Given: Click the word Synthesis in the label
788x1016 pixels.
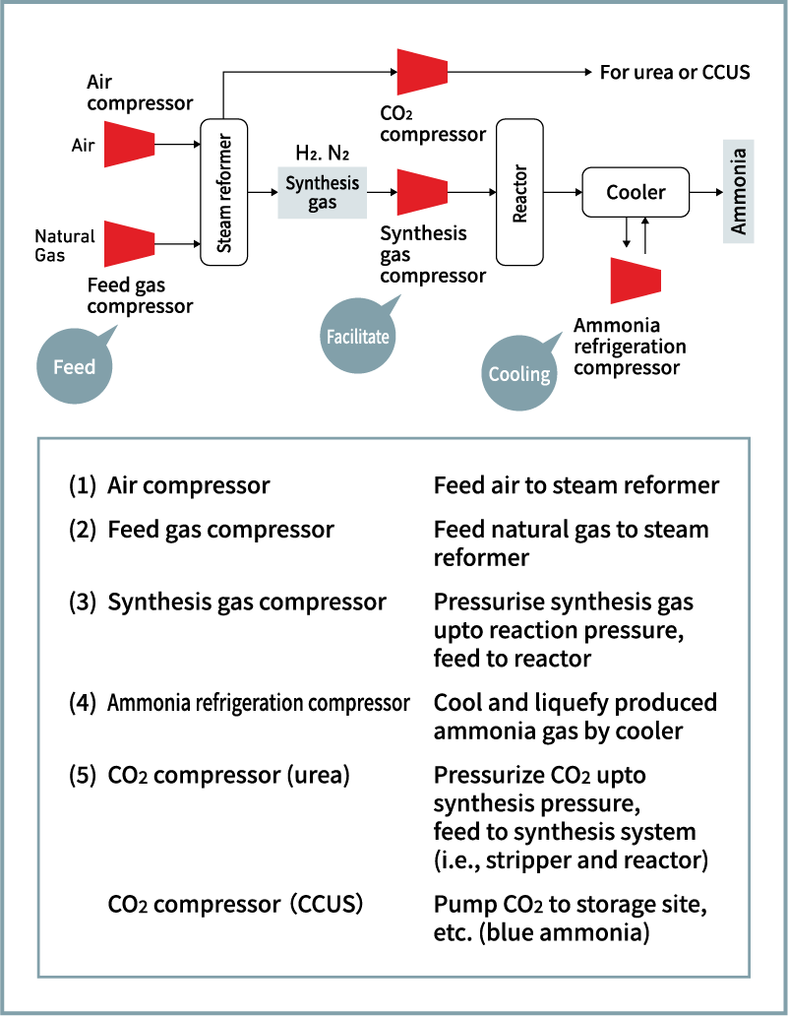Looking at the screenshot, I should tap(322, 183).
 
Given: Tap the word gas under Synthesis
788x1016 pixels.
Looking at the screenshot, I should tap(322, 203).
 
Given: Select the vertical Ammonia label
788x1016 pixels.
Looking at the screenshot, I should tap(739, 191).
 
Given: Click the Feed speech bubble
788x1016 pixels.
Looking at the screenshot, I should tap(75, 366).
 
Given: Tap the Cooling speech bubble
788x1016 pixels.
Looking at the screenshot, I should tap(519, 373).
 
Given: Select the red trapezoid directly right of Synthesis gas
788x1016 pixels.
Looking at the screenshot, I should tap(422, 192).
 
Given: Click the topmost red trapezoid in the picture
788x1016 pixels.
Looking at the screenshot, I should tap(422, 72).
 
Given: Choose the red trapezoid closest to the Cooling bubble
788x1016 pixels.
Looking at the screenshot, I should tap(635, 281).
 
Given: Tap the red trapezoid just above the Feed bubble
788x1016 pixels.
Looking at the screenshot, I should tap(129, 243).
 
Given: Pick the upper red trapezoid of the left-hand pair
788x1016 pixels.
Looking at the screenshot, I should tap(129, 145).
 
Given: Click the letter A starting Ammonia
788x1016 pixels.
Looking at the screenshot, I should tap(739, 227).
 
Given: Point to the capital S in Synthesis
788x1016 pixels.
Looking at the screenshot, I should tap(290, 183).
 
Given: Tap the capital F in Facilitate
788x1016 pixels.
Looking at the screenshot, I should tap(331, 337).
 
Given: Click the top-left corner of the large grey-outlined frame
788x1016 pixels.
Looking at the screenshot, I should tap(38, 439).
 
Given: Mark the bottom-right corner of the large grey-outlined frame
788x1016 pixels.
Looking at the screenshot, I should tap(749, 977).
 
